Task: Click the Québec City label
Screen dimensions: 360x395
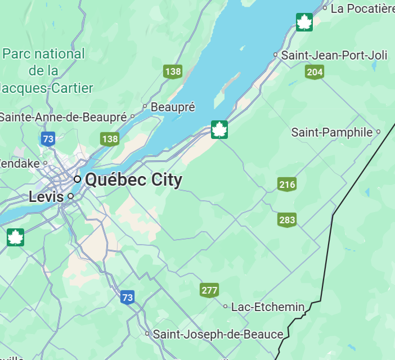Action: (x=133, y=180)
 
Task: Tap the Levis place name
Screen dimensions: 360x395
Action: (x=46, y=197)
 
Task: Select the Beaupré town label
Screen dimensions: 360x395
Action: (x=173, y=106)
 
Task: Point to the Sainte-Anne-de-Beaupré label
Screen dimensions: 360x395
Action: (x=63, y=117)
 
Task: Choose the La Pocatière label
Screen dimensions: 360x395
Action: (x=362, y=8)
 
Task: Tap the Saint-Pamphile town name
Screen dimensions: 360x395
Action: (x=332, y=133)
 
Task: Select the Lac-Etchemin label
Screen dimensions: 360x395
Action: (x=268, y=307)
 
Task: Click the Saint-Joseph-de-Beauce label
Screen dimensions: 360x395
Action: (x=218, y=334)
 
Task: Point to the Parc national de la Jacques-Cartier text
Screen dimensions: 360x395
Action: (x=44, y=70)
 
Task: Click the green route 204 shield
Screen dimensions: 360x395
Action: (x=315, y=71)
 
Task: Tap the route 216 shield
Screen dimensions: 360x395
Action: (x=287, y=184)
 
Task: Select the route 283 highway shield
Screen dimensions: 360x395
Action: (x=287, y=220)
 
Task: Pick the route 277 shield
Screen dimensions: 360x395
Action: (x=209, y=291)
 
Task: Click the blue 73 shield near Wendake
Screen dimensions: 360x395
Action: (x=48, y=139)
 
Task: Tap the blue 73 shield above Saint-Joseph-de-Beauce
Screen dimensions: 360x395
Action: (x=128, y=297)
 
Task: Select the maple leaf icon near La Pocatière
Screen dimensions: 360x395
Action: (x=304, y=22)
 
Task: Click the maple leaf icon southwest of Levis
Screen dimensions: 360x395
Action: (x=15, y=237)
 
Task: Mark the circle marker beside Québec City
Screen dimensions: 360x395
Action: (x=78, y=179)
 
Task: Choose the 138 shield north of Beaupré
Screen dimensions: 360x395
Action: (x=173, y=71)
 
